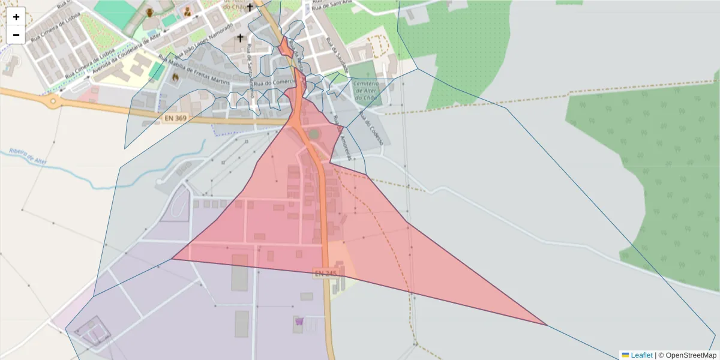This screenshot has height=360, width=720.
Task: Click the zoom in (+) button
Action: (x=16, y=17)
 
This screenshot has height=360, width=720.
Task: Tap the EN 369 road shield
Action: (x=173, y=119)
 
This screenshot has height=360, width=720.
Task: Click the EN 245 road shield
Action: (x=325, y=273)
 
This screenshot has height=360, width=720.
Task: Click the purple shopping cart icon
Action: (x=299, y=322)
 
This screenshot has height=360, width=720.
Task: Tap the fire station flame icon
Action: (x=175, y=77)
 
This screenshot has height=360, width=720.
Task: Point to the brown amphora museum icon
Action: (x=149, y=12)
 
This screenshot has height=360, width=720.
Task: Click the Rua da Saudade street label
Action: (x=342, y=54)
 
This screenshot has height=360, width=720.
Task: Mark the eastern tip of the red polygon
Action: (x=547, y=325)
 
